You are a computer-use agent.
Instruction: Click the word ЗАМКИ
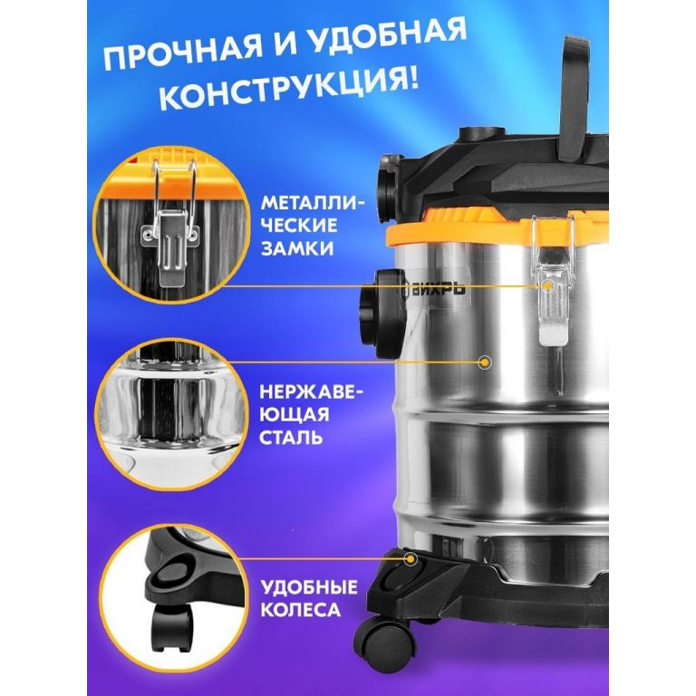296,247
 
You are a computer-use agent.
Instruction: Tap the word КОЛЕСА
301,609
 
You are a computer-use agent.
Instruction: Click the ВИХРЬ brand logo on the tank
434,288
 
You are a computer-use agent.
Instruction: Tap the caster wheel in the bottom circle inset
172,627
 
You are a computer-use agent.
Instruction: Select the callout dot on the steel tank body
486,362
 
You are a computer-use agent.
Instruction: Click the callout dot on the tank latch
549,285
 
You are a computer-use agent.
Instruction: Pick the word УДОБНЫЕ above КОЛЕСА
309,587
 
